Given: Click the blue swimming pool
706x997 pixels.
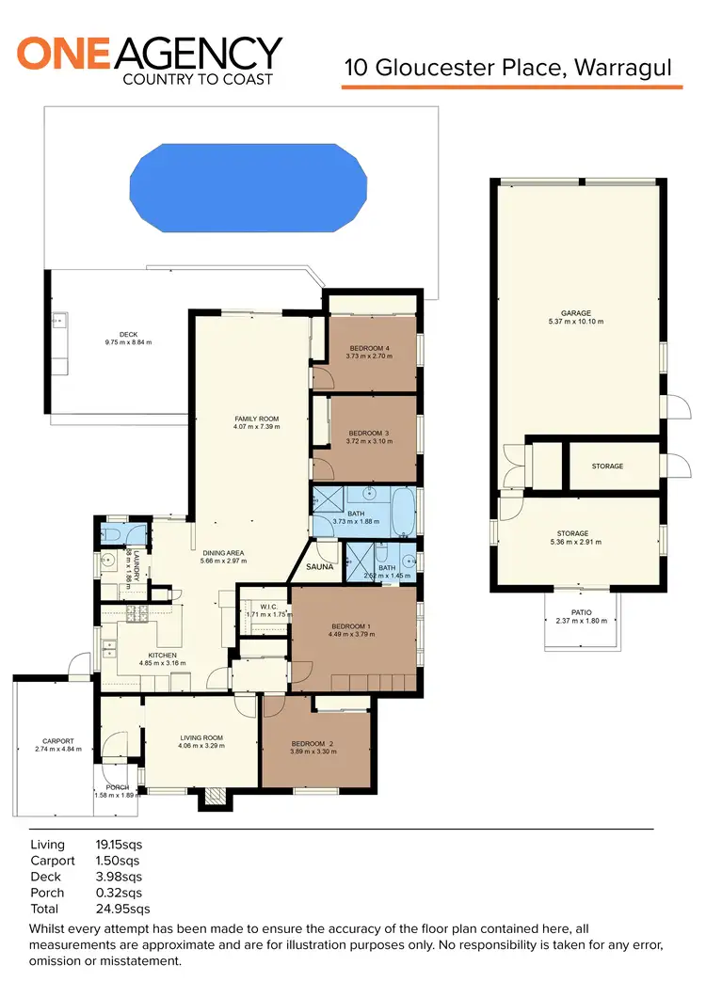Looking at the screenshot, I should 248,189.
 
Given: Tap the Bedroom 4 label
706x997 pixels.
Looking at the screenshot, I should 369,348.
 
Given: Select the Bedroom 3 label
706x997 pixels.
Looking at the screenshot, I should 368,433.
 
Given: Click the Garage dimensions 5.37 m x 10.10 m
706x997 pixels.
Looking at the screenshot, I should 575,323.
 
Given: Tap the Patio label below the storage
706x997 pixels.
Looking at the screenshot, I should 580,610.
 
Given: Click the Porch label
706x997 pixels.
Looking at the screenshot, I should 117,787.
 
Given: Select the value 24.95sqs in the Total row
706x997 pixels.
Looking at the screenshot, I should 123,909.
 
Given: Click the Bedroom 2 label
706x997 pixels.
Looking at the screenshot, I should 313,741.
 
